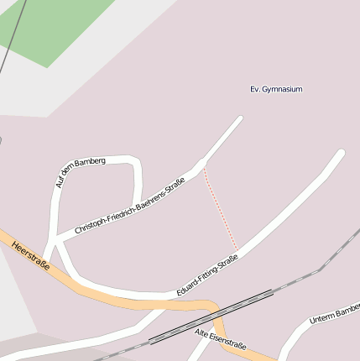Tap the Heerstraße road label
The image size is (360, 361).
30,254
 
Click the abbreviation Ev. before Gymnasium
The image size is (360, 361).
256,89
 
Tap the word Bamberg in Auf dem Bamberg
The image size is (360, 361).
90,161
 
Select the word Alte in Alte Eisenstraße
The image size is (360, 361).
202,334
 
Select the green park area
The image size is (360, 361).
50,25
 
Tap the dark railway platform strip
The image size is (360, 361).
210,317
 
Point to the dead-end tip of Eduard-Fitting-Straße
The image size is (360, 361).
341,153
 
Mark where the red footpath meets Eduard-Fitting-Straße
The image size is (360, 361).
238,249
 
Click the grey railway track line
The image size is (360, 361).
302,277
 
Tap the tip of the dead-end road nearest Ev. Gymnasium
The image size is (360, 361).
239,119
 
